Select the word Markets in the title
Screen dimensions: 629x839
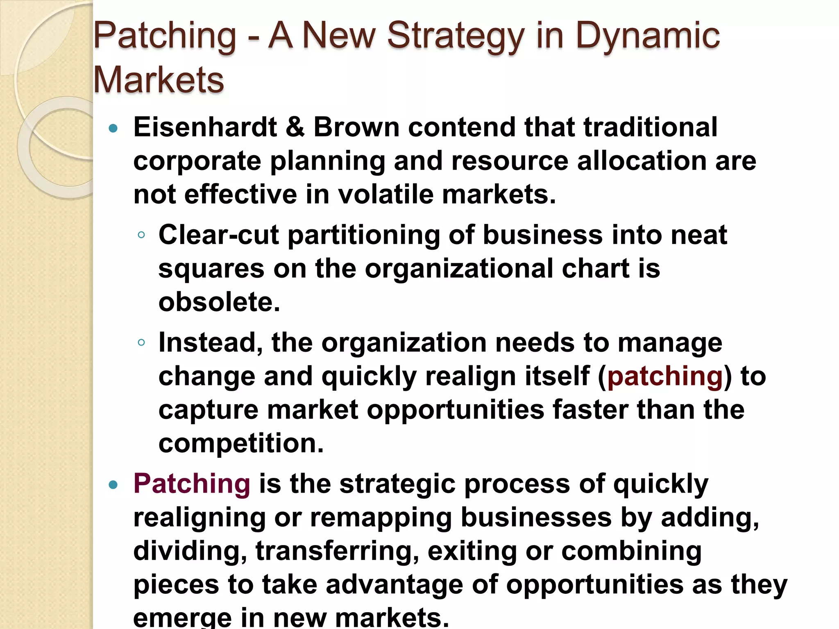tap(159, 80)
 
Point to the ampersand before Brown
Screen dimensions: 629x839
tap(295, 127)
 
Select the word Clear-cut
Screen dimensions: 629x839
tap(219, 235)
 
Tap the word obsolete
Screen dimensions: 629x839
tap(219, 302)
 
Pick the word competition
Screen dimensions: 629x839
tap(241, 443)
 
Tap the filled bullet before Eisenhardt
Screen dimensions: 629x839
tap(113, 129)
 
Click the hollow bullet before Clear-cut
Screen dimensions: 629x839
tap(141, 235)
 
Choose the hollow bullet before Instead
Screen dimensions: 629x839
tap(141, 342)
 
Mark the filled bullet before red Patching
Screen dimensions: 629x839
tap(113, 486)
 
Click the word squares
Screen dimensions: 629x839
tap(211, 269)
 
